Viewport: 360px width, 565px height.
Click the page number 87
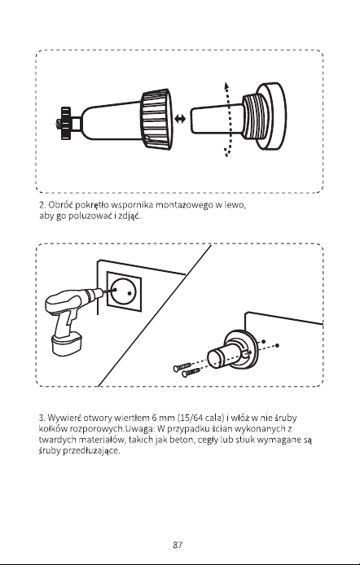(178, 545)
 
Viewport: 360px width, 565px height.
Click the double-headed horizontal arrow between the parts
(180, 119)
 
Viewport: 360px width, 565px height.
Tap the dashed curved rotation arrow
(226, 120)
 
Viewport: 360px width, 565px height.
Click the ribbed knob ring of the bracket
(156, 120)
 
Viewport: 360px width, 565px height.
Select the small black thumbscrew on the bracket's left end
(65, 123)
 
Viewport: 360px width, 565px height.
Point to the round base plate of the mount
(271, 116)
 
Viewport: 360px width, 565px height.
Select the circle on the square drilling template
(123, 292)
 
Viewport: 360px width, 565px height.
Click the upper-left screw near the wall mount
(182, 367)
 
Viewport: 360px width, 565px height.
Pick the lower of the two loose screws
(191, 373)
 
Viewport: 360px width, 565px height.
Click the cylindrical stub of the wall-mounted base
(222, 355)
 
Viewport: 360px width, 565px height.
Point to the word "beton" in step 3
(182, 440)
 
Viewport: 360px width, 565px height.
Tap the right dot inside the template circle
(130, 293)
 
